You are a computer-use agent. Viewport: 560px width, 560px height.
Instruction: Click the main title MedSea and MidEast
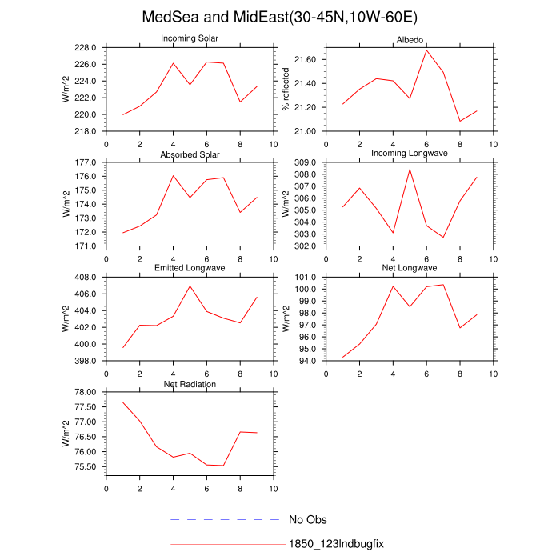tap(280, 18)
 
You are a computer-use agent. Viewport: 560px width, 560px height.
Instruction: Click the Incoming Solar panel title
tap(190, 38)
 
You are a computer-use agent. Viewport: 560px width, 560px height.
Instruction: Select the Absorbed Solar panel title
tap(190, 154)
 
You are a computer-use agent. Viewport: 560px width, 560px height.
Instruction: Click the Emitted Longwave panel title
tap(190, 269)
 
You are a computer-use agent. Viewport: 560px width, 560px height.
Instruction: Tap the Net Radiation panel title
tap(190, 384)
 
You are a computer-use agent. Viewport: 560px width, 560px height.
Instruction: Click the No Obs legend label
tap(308, 520)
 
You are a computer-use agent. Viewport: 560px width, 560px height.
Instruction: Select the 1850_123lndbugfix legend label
tap(337, 544)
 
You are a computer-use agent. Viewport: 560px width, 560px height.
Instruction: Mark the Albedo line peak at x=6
tap(426, 50)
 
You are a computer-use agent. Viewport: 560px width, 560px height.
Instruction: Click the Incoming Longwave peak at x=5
tap(410, 169)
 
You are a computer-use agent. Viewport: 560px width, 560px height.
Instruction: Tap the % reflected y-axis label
tap(285, 89)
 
